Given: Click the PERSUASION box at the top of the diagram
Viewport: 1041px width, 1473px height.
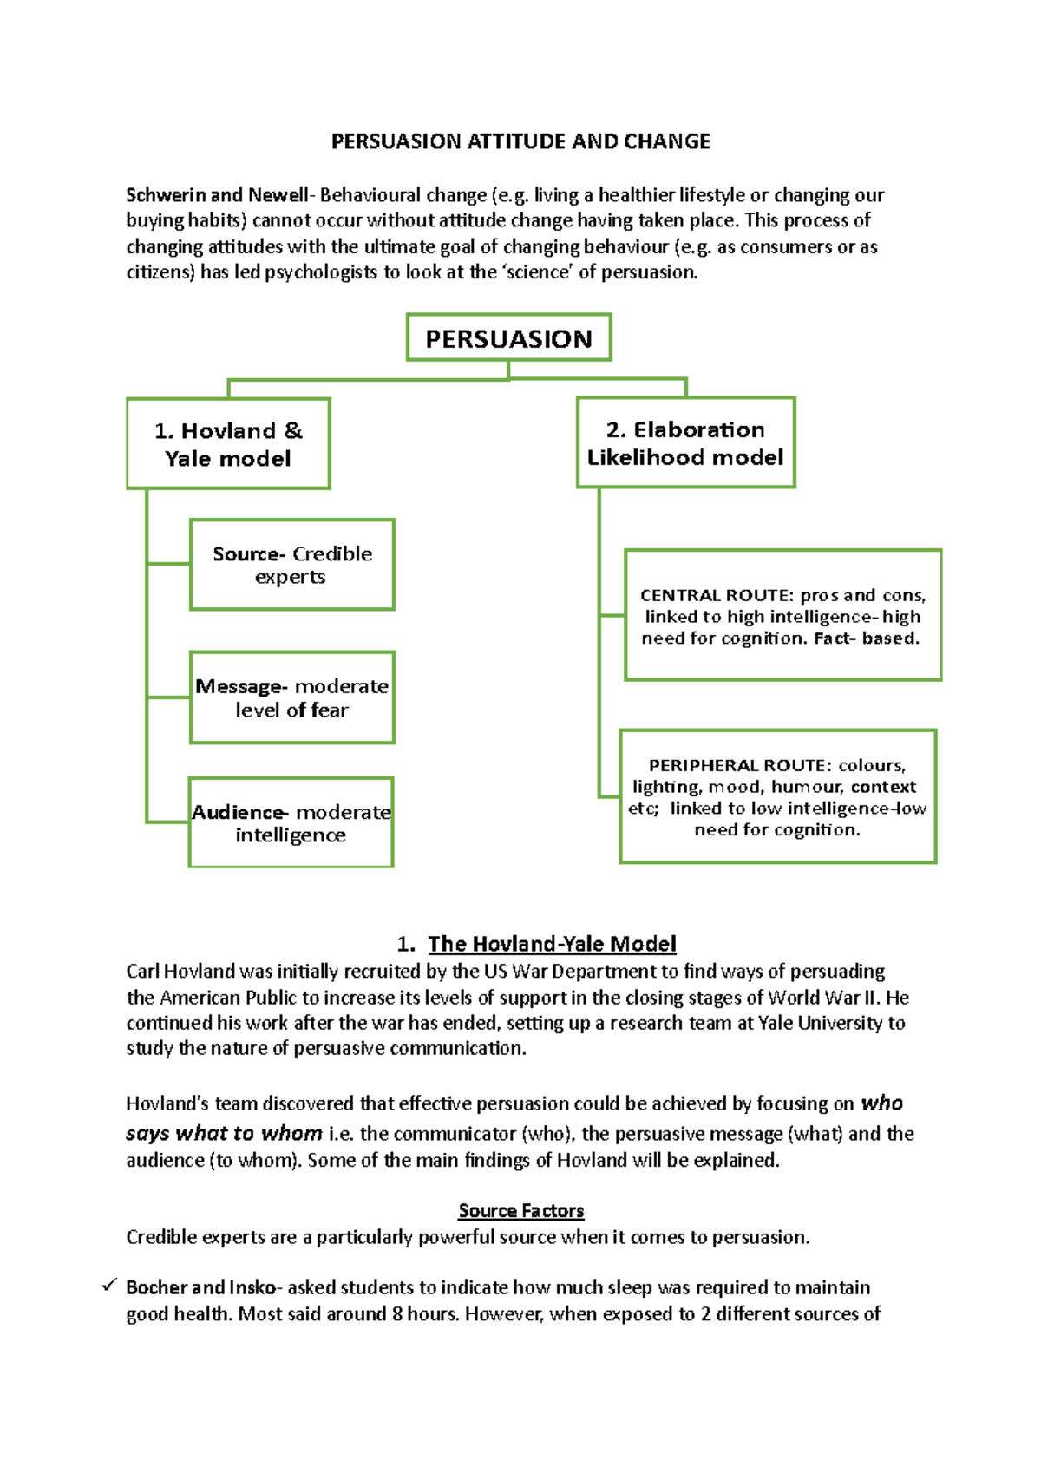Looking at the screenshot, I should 508,337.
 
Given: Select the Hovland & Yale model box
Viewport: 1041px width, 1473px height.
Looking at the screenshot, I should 228,443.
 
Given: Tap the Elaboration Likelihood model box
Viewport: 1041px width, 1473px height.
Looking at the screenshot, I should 685,442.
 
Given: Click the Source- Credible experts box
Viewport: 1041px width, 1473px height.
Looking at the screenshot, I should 291,565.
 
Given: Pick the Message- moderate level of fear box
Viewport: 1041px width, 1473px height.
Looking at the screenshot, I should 291,697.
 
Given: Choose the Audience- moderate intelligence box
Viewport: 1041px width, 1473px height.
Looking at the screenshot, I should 291,822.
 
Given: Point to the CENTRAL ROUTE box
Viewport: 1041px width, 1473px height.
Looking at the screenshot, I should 782,615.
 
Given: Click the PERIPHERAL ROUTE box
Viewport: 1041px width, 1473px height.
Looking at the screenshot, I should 777,796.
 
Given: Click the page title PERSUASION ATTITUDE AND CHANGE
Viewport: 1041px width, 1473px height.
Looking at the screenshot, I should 520,141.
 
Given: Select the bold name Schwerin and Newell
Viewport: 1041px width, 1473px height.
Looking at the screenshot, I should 217,195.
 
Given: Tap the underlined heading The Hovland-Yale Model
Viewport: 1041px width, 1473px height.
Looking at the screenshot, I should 552,944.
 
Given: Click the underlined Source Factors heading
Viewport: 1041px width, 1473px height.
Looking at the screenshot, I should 520,1210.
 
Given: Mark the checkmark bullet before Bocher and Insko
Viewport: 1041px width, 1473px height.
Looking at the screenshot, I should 109,1286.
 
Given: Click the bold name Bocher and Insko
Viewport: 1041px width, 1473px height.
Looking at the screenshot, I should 200,1287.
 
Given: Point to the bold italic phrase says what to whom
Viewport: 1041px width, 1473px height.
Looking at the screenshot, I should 224,1133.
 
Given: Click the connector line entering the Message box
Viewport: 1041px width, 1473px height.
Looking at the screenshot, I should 168,697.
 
